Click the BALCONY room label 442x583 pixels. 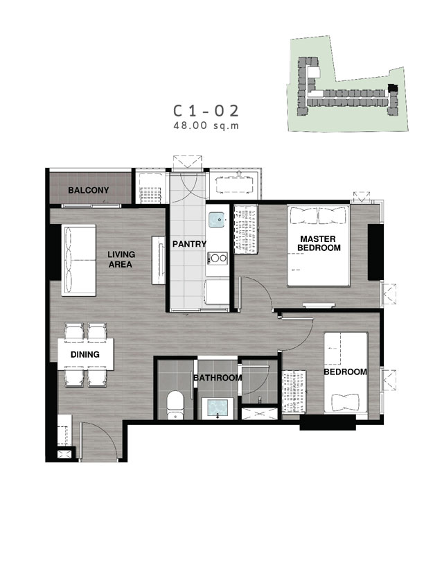tap(89, 191)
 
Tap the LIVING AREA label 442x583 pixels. tap(121, 259)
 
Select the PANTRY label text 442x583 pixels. tap(189, 244)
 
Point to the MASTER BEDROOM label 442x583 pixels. tap(319, 243)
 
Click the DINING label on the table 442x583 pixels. tap(85, 354)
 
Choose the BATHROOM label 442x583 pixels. tap(218, 378)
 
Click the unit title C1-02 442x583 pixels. tap(206, 110)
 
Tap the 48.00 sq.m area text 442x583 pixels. tap(206, 125)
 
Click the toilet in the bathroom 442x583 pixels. tap(175, 406)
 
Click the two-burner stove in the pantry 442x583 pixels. tap(218, 258)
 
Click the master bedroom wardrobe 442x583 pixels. tap(245, 229)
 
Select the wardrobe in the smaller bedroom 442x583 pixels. tap(294, 392)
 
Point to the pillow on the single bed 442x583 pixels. tap(346, 402)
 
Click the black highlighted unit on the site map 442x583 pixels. tap(392, 88)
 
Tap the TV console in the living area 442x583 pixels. tap(158, 260)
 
